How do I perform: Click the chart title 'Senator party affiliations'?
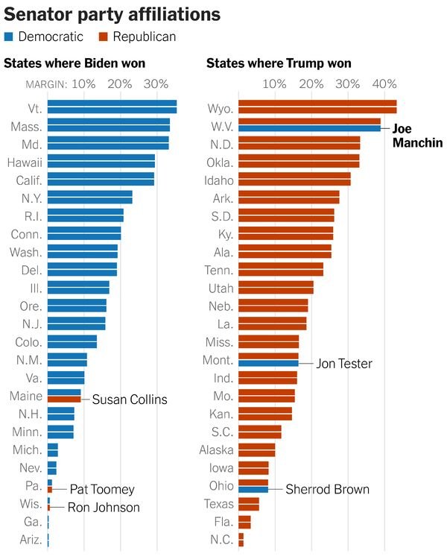coord(112,14)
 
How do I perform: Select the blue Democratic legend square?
coord(8,36)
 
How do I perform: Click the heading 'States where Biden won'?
coord(74,63)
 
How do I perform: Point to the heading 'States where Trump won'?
coord(279,63)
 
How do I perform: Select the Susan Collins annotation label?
coord(130,399)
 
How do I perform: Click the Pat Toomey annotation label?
coord(102,490)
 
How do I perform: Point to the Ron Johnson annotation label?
coord(104,508)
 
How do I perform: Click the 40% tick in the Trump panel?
coord(384,83)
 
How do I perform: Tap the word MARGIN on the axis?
coord(46,83)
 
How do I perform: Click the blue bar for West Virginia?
coord(309,128)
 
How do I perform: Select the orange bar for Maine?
coord(64,399)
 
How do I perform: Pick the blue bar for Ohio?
coord(253,490)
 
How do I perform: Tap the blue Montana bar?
coord(268,364)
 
